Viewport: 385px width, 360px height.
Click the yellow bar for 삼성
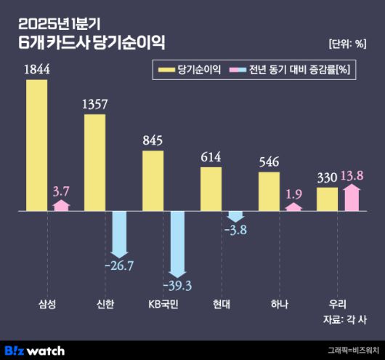(x=36, y=145)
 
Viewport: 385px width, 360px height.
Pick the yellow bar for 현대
(x=211, y=189)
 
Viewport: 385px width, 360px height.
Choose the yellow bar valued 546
(x=269, y=191)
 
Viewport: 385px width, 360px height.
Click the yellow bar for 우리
(x=327, y=199)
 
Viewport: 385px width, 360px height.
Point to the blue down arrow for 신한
(x=119, y=233)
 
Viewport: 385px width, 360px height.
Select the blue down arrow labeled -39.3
(x=177, y=242)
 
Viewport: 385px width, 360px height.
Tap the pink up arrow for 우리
(x=352, y=198)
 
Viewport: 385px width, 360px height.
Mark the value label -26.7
(x=119, y=265)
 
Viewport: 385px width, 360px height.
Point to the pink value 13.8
(x=352, y=175)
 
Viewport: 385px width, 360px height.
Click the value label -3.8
(x=235, y=231)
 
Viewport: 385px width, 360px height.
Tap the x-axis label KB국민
(x=163, y=303)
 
